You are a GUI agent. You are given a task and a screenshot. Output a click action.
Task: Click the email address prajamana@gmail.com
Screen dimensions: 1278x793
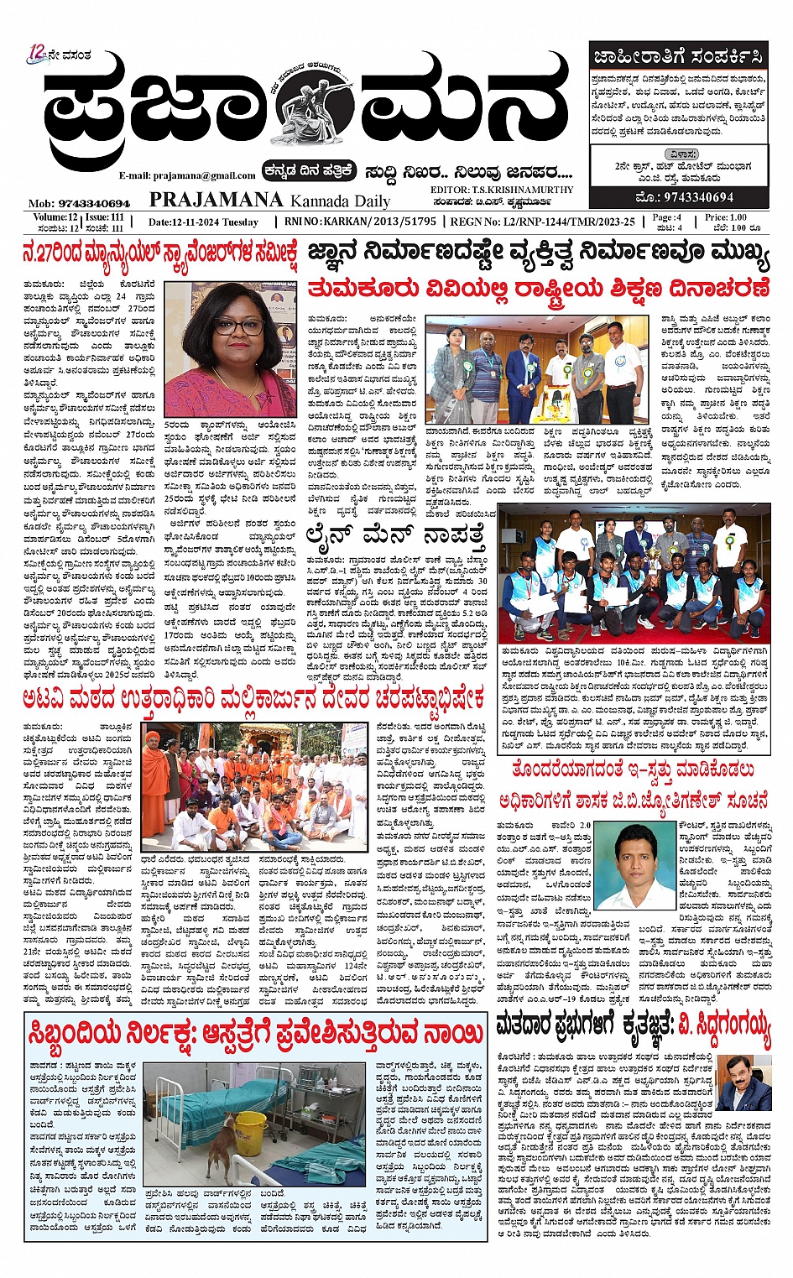pyautogui.click(x=187, y=175)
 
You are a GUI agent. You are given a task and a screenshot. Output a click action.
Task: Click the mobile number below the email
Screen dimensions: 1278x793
pyautogui.click(x=80, y=203)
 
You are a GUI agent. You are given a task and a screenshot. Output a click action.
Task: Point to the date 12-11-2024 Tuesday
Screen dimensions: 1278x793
pyautogui.click(x=203, y=222)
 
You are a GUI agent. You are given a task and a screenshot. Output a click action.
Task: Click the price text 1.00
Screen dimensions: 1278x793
pyautogui.click(x=740, y=216)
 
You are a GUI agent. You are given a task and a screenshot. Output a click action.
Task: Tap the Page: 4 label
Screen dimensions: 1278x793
pyautogui.click(x=667, y=216)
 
